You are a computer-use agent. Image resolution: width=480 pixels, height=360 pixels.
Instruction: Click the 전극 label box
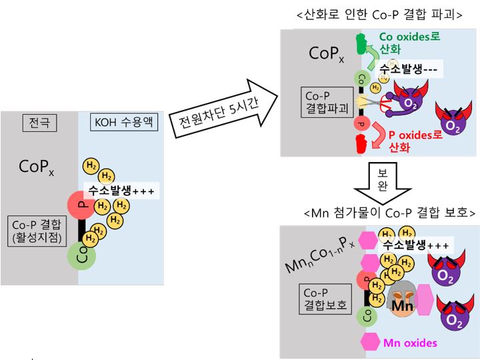[39, 123]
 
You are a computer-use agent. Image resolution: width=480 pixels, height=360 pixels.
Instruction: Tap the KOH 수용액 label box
[124, 122]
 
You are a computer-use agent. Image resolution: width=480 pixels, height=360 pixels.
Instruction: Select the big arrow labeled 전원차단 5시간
[223, 109]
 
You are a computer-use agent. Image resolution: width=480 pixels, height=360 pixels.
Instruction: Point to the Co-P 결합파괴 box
[327, 102]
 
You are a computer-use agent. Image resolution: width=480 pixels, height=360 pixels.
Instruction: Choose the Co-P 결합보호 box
[325, 299]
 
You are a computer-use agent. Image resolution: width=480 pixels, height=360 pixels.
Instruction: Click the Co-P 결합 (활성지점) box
[37, 231]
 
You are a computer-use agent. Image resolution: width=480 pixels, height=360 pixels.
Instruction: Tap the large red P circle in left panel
[81, 205]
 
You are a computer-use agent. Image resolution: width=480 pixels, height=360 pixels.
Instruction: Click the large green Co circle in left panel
[81, 256]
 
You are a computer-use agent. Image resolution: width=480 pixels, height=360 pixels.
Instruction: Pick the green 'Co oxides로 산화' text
[409, 43]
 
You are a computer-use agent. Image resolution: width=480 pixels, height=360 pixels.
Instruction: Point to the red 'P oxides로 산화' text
[415, 141]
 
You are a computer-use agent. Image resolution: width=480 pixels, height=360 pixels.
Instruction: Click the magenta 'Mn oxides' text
[410, 343]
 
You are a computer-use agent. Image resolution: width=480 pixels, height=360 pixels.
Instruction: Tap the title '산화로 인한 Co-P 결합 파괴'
[379, 15]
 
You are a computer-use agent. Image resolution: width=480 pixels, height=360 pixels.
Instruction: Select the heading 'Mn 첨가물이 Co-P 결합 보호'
[390, 212]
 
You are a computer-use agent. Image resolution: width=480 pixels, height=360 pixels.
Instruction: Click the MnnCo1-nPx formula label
[319, 255]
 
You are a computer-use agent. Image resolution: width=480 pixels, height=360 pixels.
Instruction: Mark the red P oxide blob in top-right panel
[361, 144]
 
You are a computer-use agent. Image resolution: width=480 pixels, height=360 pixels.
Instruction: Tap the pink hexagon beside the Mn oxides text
[370, 341]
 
